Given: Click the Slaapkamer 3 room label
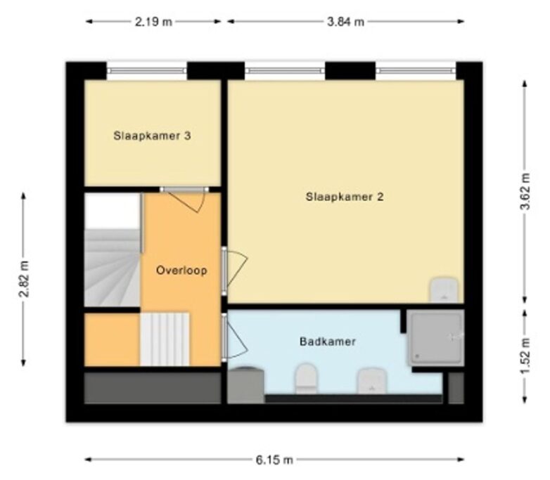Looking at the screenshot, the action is (152, 136).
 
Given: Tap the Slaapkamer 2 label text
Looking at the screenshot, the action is (345, 197).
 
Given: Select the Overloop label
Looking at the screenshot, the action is (181, 271).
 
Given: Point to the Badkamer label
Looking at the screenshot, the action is (328, 342).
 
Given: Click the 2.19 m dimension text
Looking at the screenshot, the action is (153, 22).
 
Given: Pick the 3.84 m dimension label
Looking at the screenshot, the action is (345, 22).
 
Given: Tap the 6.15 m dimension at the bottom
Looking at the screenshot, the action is (274, 460).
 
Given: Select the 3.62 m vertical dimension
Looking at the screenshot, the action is (525, 191).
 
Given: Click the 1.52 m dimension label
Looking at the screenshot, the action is (525, 355).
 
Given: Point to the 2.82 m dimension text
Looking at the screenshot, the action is (24, 279).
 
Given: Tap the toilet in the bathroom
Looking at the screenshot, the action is (306, 378).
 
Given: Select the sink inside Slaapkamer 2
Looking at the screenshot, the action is (444, 290).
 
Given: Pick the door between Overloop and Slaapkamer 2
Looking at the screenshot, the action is (235, 269).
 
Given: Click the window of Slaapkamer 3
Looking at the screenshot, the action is (147, 71).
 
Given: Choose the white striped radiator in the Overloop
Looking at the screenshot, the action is (165, 339).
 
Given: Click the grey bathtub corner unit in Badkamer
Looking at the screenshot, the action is (245, 385).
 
